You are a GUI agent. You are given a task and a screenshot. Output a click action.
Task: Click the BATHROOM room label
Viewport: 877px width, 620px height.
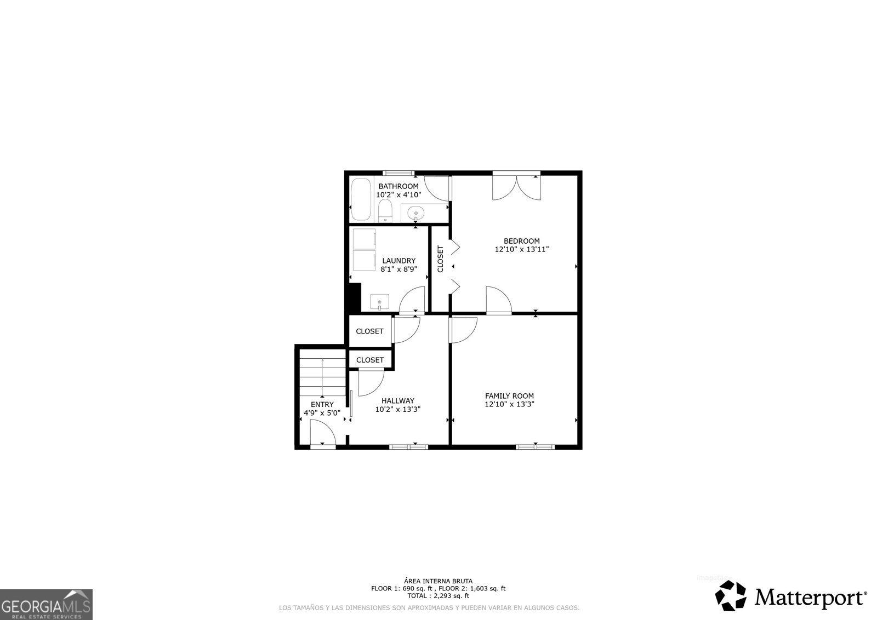click(x=398, y=186)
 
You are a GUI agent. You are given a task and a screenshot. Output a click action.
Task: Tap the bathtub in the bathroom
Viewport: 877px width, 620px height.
click(x=361, y=200)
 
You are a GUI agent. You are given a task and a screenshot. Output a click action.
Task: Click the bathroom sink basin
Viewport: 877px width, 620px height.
click(x=415, y=213)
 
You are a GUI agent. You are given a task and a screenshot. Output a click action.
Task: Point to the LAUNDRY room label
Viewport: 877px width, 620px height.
click(x=398, y=261)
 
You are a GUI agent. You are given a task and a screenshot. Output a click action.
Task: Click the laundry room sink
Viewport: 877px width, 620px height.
click(x=379, y=302)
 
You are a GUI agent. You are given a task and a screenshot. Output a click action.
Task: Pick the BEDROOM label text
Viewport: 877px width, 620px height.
click(x=521, y=241)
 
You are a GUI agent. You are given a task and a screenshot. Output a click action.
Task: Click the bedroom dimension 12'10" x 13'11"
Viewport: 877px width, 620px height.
click(x=521, y=249)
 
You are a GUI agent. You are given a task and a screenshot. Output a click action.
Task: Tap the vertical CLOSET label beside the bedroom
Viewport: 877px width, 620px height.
click(x=440, y=259)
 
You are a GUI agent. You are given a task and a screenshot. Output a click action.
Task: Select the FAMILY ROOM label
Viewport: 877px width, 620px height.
click(x=509, y=396)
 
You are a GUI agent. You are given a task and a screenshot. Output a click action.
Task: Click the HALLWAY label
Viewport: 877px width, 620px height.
click(x=398, y=400)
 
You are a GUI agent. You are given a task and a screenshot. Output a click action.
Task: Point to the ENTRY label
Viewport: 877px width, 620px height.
click(x=322, y=405)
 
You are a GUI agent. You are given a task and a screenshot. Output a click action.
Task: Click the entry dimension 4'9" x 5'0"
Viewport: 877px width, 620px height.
click(x=322, y=413)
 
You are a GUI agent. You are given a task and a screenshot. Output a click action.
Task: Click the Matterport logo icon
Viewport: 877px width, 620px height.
click(x=731, y=596)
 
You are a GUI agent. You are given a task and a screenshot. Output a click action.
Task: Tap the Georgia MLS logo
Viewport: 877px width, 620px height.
click(x=46, y=604)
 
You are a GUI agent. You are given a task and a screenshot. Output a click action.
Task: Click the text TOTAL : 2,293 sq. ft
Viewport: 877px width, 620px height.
click(x=438, y=596)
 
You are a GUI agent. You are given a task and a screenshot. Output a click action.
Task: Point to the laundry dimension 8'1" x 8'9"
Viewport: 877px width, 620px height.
click(x=398, y=269)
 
